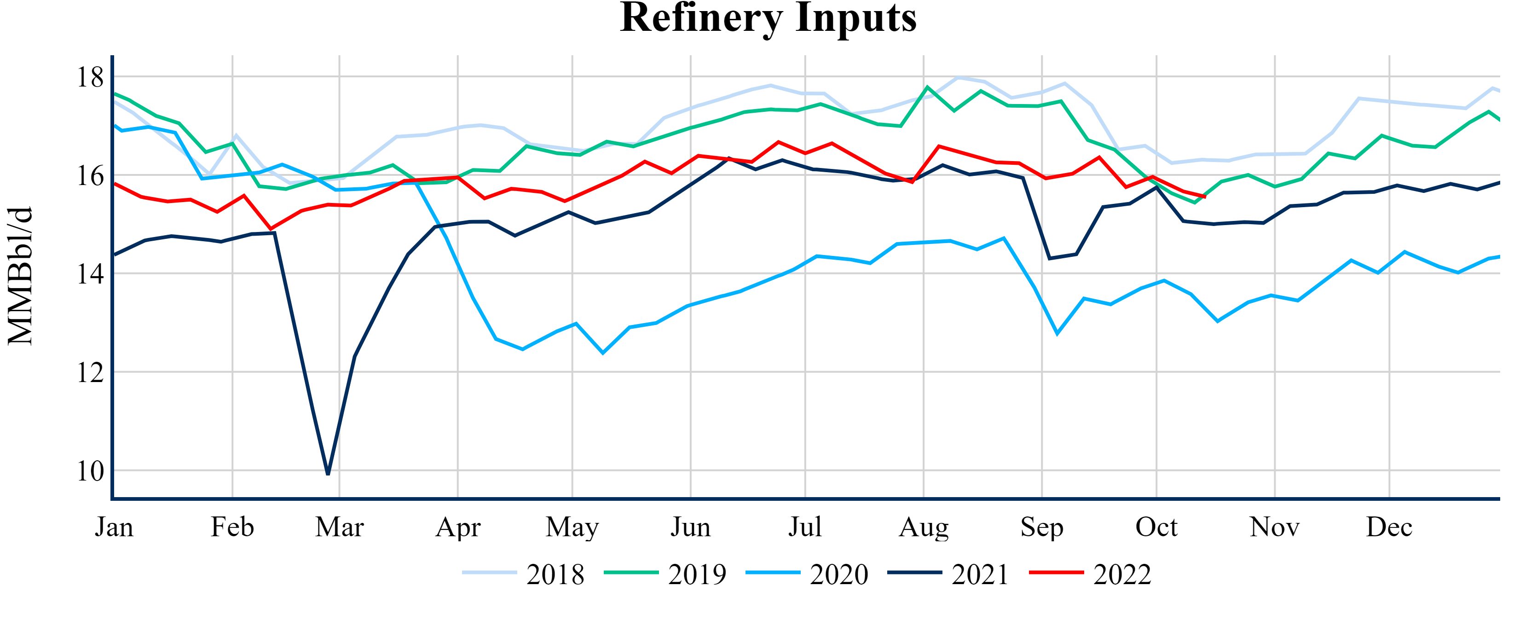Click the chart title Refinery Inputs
point(768,18)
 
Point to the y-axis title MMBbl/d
point(20,276)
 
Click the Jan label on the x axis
point(114,527)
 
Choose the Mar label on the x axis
point(340,527)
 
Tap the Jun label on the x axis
point(690,527)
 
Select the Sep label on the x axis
point(1042,527)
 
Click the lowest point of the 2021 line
point(328,474)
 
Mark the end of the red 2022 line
point(1205,197)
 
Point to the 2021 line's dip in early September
point(1050,258)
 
